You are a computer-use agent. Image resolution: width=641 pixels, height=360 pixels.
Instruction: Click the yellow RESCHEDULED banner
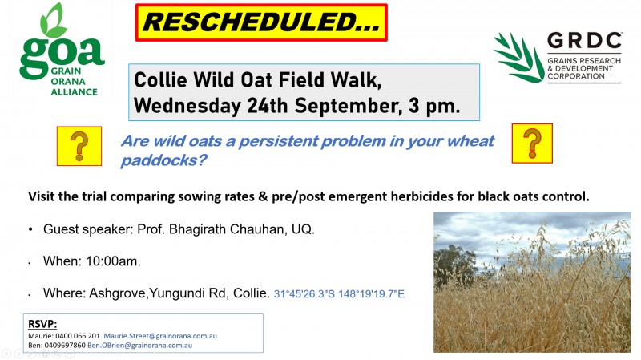[261, 22]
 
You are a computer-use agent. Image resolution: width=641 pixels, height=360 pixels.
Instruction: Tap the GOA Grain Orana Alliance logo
[62, 50]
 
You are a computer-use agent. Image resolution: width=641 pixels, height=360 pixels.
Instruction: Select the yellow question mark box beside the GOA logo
[79, 146]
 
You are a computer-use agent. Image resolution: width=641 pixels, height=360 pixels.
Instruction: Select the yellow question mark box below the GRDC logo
[532, 144]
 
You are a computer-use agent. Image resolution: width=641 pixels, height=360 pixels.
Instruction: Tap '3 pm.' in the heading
[434, 106]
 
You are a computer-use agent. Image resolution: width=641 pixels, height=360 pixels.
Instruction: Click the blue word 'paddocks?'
[164, 160]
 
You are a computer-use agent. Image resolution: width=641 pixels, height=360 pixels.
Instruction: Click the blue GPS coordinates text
[339, 294]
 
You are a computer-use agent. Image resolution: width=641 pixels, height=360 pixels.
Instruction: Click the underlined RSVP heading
[42, 324]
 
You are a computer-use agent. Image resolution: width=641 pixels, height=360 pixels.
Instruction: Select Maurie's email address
[160, 336]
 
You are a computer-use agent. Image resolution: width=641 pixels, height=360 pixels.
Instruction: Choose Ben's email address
[139, 346]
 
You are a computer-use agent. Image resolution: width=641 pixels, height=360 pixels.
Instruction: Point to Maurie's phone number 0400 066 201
[78, 336]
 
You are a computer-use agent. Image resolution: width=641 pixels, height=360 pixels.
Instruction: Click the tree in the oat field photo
[454, 266]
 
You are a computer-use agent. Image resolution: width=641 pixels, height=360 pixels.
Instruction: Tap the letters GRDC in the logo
[585, 41]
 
